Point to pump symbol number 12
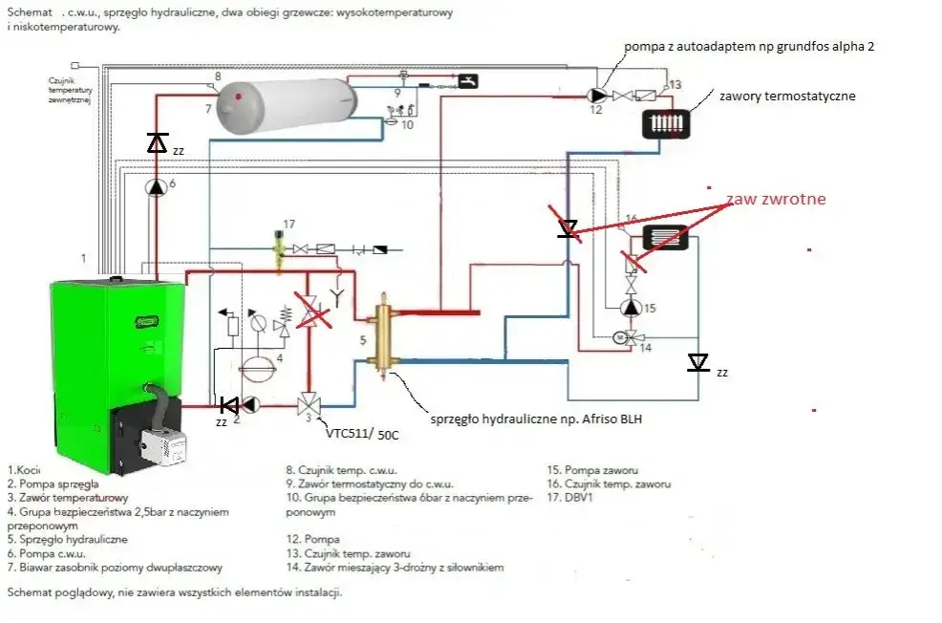tap(596, 95)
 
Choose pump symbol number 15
tap(630, 308)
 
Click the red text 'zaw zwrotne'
tap(775, 200)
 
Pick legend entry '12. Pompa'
tap(312, 539)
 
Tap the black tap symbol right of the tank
tap(467, 80)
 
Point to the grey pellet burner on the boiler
tap(163, 444)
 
